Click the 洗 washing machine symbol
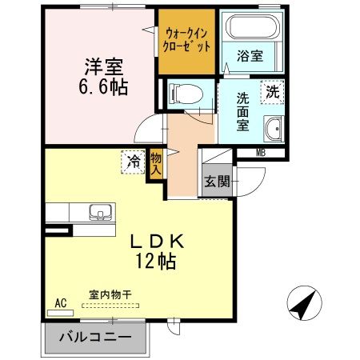coord(274,92)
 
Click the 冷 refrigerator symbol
coord(134,162)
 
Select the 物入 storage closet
coord(157,165)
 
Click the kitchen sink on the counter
coord(100,212)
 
